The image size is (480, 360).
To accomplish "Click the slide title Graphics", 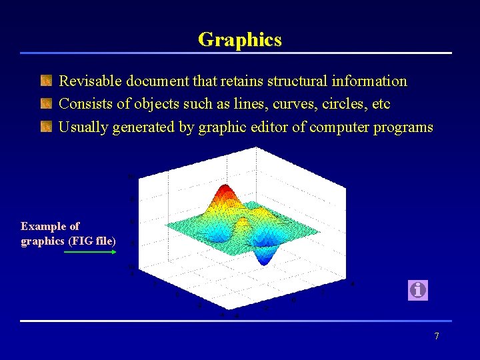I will [x=239, y=39].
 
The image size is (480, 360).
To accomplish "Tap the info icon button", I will [x=417, y=290].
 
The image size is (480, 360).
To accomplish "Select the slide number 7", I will [x=437, y=336].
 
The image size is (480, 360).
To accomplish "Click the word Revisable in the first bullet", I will [x=89, y=81].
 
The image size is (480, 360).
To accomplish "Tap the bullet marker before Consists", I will [x=46, y=104].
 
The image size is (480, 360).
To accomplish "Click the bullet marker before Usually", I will [x=46, y=127].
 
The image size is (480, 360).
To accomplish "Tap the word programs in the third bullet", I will [x=405, y=127].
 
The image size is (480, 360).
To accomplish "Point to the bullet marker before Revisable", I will [x=46, y=81].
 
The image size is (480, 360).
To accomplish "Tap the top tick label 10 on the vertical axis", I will [x=131, y=176].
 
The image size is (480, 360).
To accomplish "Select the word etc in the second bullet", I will [x=382, y=104].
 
